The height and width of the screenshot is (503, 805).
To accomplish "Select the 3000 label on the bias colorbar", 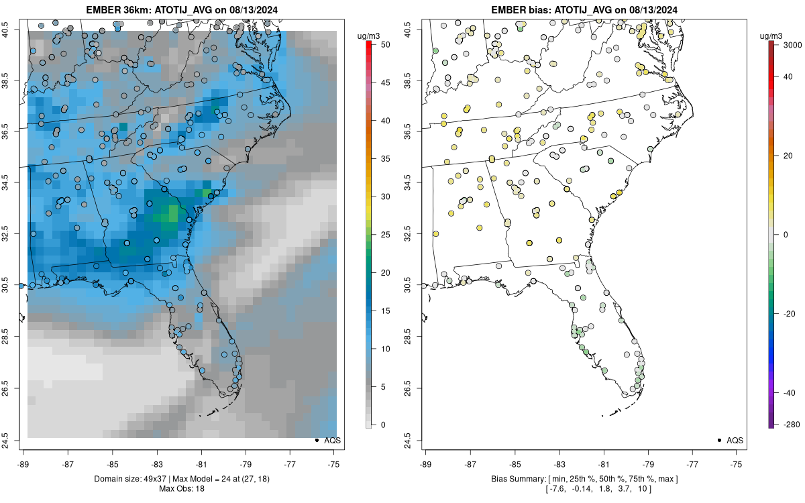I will click(x=789, y=44).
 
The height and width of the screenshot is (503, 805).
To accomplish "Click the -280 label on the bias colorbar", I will click(x=788, y=425).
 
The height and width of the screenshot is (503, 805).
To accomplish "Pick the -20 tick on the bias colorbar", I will click(x=789, y=313).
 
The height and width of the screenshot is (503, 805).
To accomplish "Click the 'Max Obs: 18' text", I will click(x=181, y=489).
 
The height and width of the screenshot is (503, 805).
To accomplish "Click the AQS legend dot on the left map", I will click(x=316, y=441).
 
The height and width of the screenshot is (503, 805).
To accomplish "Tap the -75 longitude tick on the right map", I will click(x=737, y=463).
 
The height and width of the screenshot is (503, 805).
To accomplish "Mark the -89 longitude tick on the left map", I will click(x=23, y=463).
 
